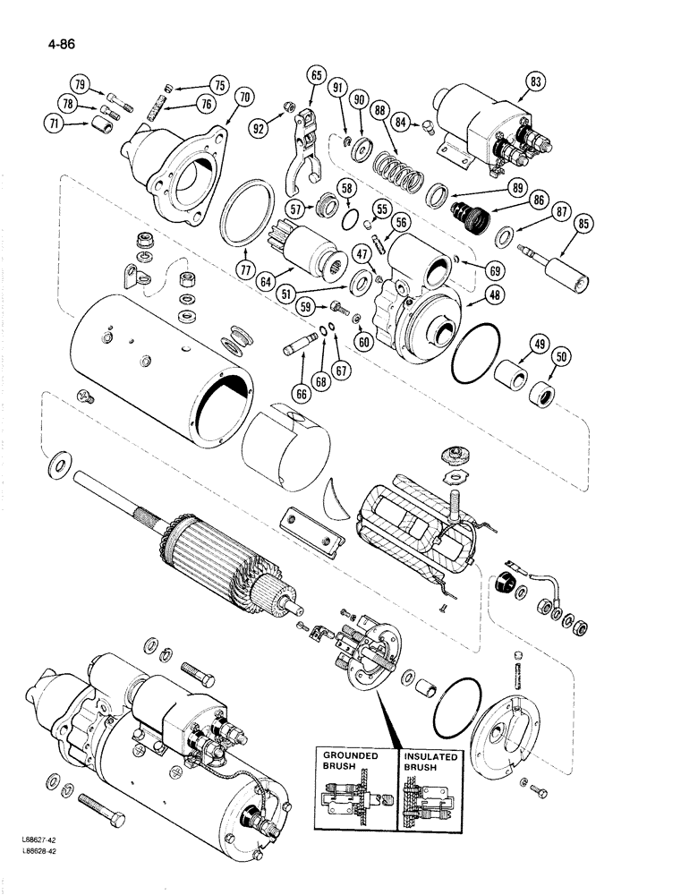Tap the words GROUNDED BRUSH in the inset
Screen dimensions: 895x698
pos(352,762)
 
